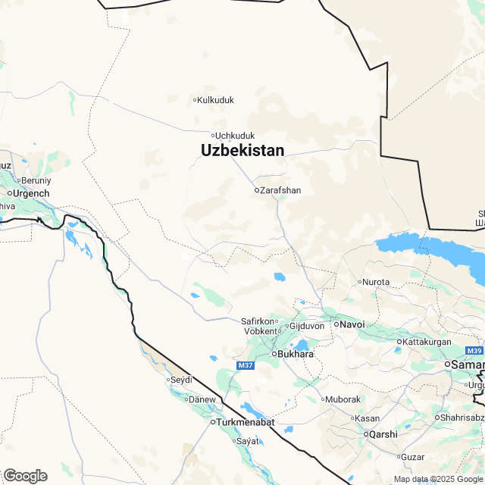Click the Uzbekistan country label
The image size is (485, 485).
pos(242,151)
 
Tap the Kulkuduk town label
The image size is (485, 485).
pos(216,100)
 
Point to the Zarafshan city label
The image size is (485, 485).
pos(280,190)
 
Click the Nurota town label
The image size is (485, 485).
pos(377,282)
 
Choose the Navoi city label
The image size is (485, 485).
pos(352,324)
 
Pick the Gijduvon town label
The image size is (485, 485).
pos(307,326)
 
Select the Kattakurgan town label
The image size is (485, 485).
pos(429,342)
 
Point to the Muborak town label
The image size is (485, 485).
pos(343,399)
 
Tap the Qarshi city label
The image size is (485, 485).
pos(382,434)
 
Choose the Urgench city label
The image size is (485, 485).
pos(31,193)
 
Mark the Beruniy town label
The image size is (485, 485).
pos(36,180)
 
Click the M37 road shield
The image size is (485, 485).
pos(245,366)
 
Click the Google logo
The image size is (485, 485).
pos(25,475)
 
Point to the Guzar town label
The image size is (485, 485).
pos(412,457)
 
